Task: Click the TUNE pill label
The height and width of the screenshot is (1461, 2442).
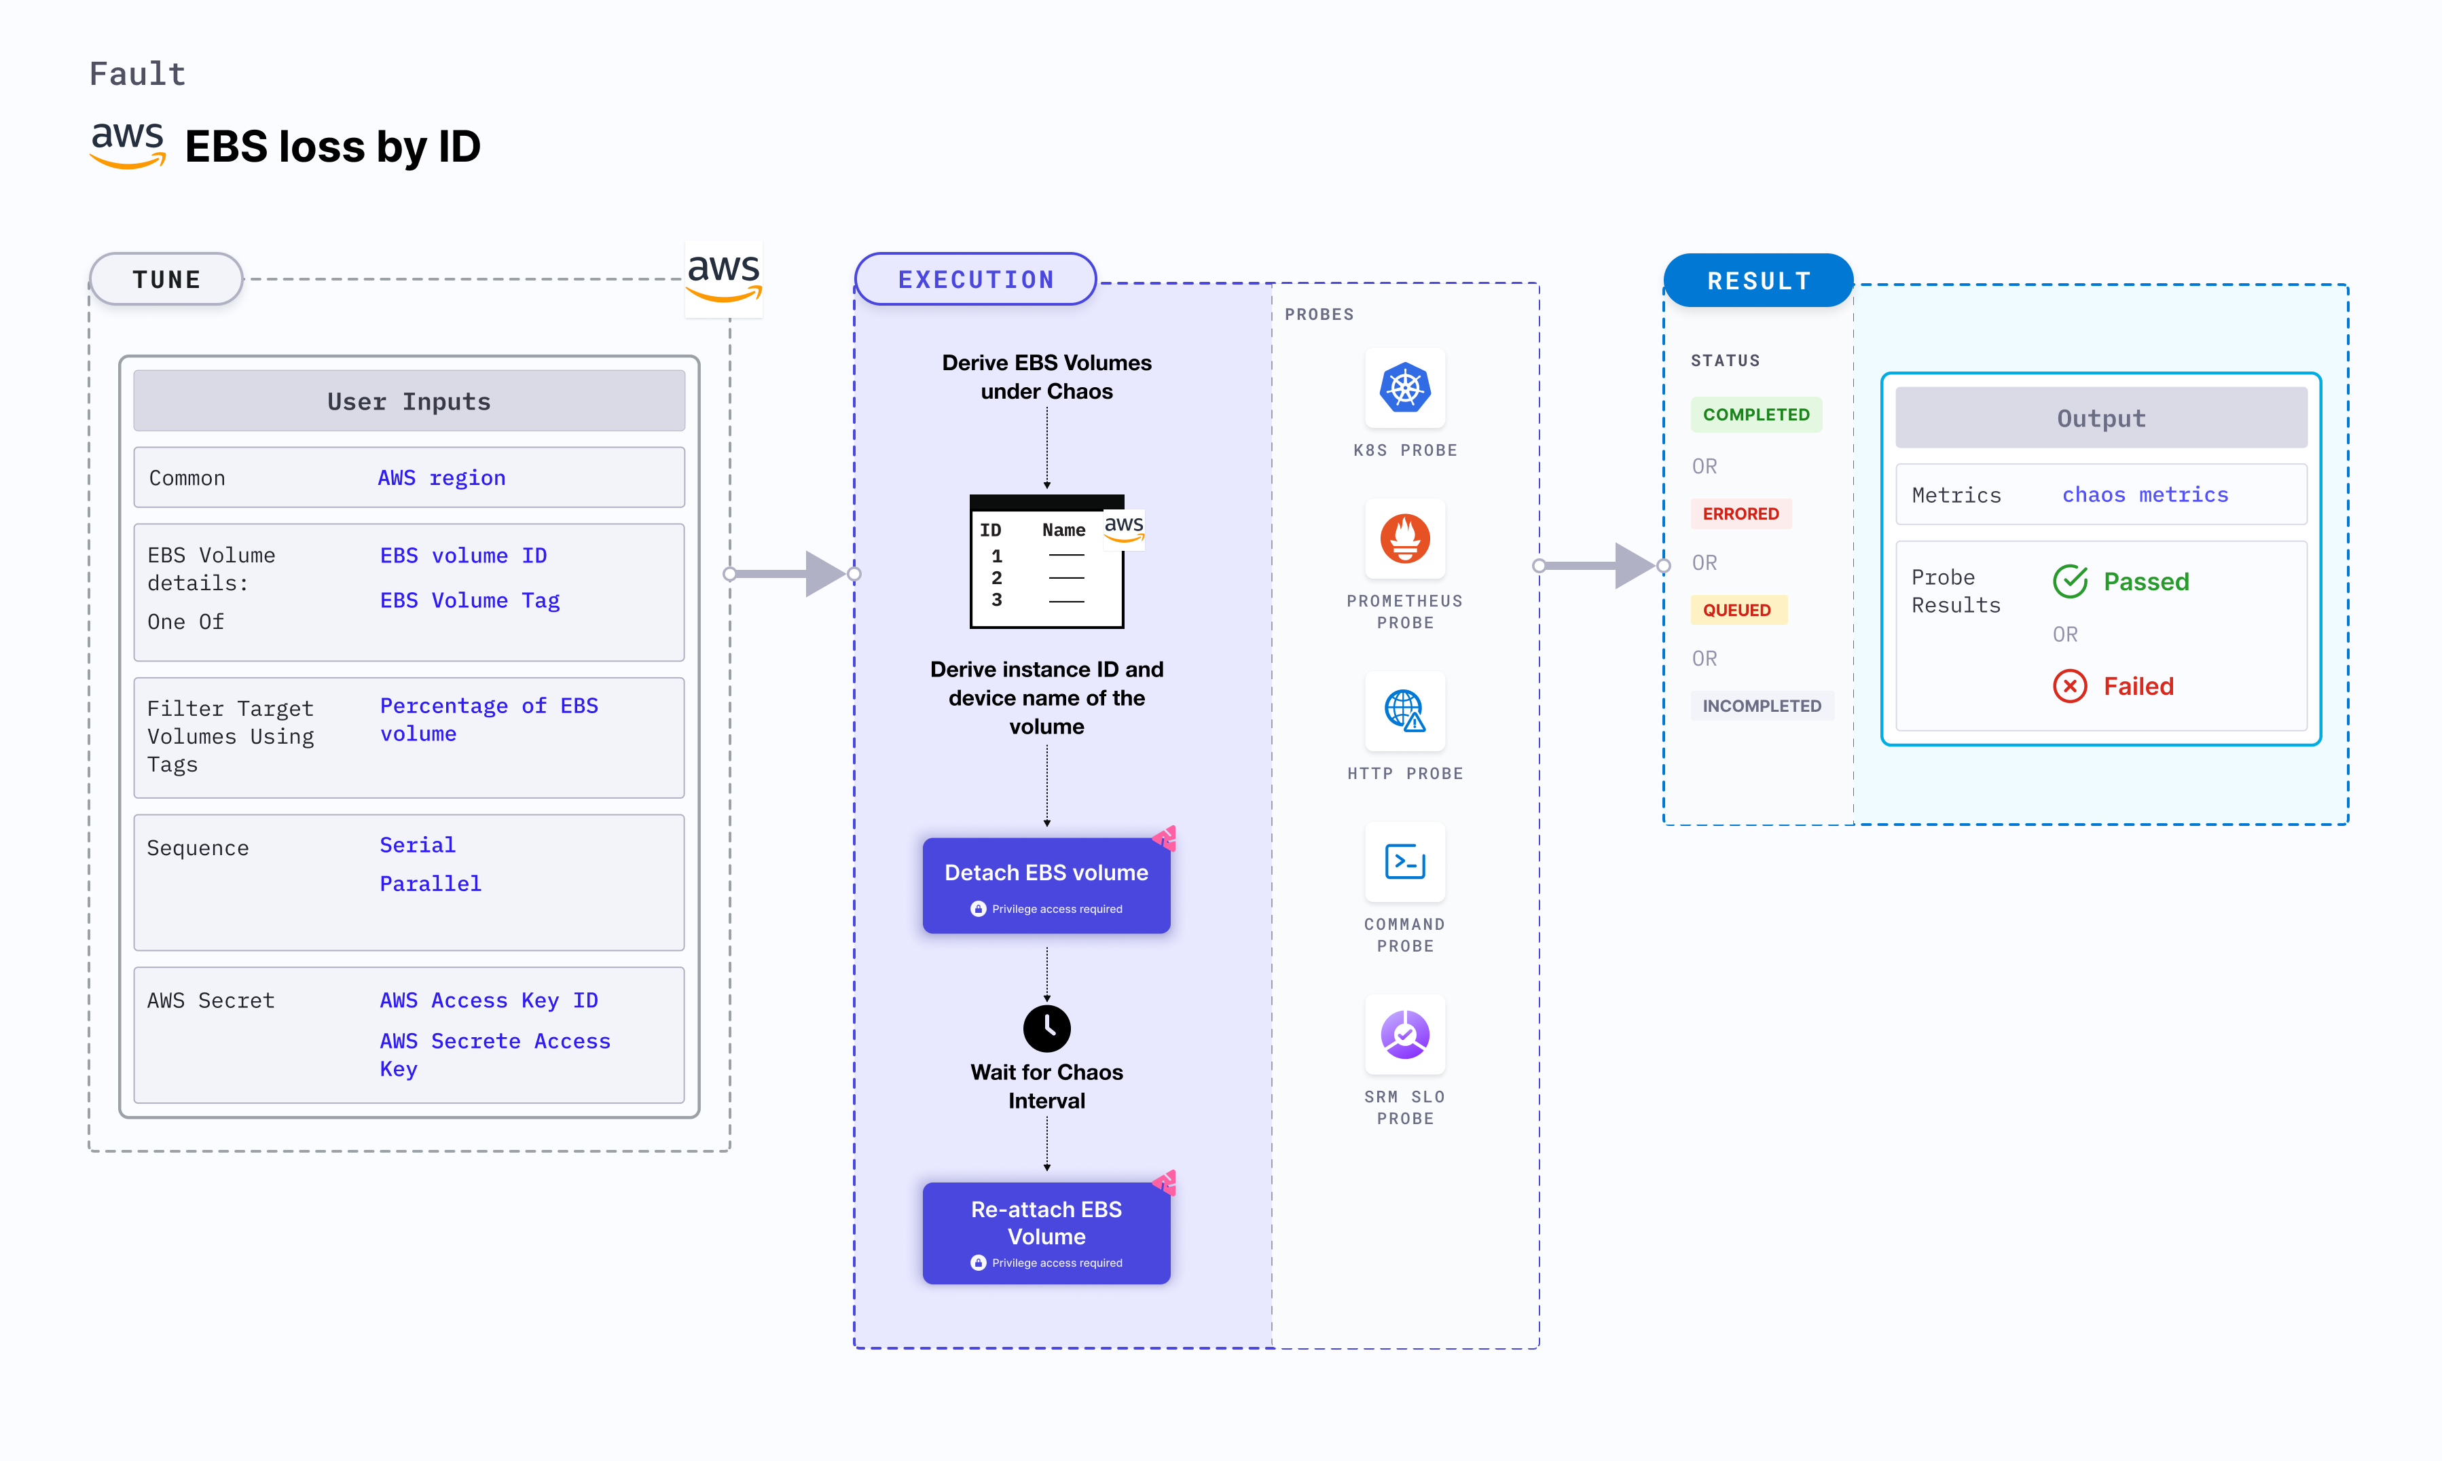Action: (166, 280)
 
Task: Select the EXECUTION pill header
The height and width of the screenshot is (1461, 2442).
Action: (975, 280)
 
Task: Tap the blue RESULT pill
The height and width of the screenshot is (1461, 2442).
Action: (1758, 282)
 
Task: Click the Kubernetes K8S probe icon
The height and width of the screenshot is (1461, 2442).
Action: (1404, 388)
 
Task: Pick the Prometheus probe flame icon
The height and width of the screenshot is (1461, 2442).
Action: (1404, 539)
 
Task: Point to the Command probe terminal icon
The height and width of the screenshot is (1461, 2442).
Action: (1404, 861)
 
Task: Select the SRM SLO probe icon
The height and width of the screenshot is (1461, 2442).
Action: (1404, 1034)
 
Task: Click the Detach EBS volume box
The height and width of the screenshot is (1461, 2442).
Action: (1046, 885)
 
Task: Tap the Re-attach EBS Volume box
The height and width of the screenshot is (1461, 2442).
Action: (1046, 1233)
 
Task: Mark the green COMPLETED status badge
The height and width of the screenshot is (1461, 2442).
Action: (1756, 414)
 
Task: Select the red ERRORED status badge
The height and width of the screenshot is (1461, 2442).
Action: (1741, 514)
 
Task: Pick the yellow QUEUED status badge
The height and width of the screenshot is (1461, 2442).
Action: (1736, 611)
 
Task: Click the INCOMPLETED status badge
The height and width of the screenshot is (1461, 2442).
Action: (1761, 706)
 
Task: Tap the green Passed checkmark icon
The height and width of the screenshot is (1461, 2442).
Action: (2070, 582)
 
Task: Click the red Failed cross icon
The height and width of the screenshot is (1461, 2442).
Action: (2070, 686)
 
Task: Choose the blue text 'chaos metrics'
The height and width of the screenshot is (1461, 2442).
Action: (2145, 495)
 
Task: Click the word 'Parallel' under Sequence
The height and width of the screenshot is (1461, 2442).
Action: (430, 884)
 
